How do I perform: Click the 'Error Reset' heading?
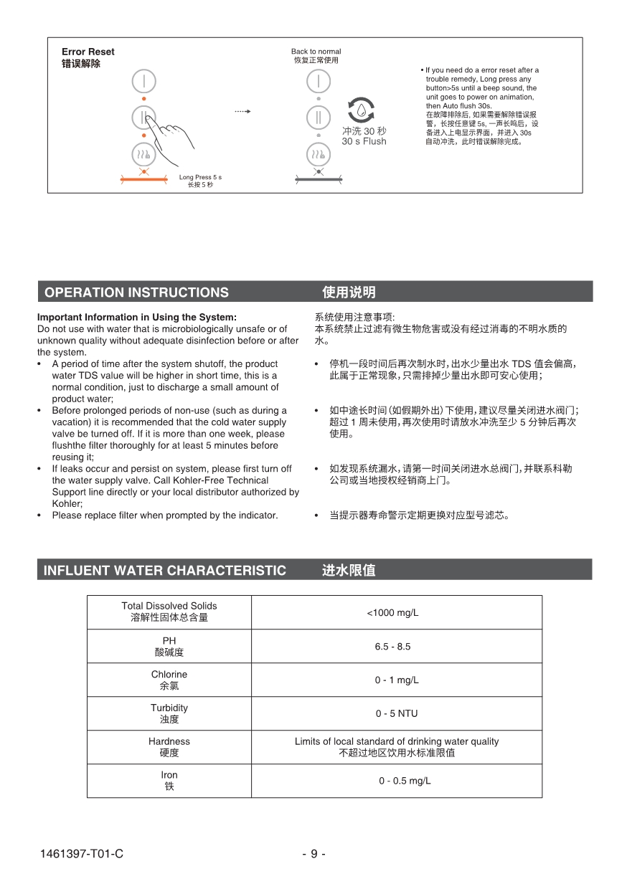click(x=88, y=52)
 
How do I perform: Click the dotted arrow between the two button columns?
click(x=242, y=112)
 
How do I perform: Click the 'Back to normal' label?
click(x=316, y=52)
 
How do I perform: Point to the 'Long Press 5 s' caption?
click(x=200, y=177)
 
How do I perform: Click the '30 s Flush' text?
click(x=364, y=142)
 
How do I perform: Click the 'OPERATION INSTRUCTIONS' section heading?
click(x=136, y=293)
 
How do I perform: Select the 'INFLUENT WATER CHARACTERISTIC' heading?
click(x=164, y=571)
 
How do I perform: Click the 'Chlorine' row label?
click(x=169, y=675)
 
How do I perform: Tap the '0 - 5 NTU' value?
click(x=396, y=713)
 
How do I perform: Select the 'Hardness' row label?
click(x=169, y=741)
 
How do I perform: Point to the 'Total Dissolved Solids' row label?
click(x=169, y=606)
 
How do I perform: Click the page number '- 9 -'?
click(x=313, y=854)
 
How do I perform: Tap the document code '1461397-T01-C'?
click(x=82, y=854)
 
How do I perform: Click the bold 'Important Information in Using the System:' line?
click(x=137, y=317)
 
